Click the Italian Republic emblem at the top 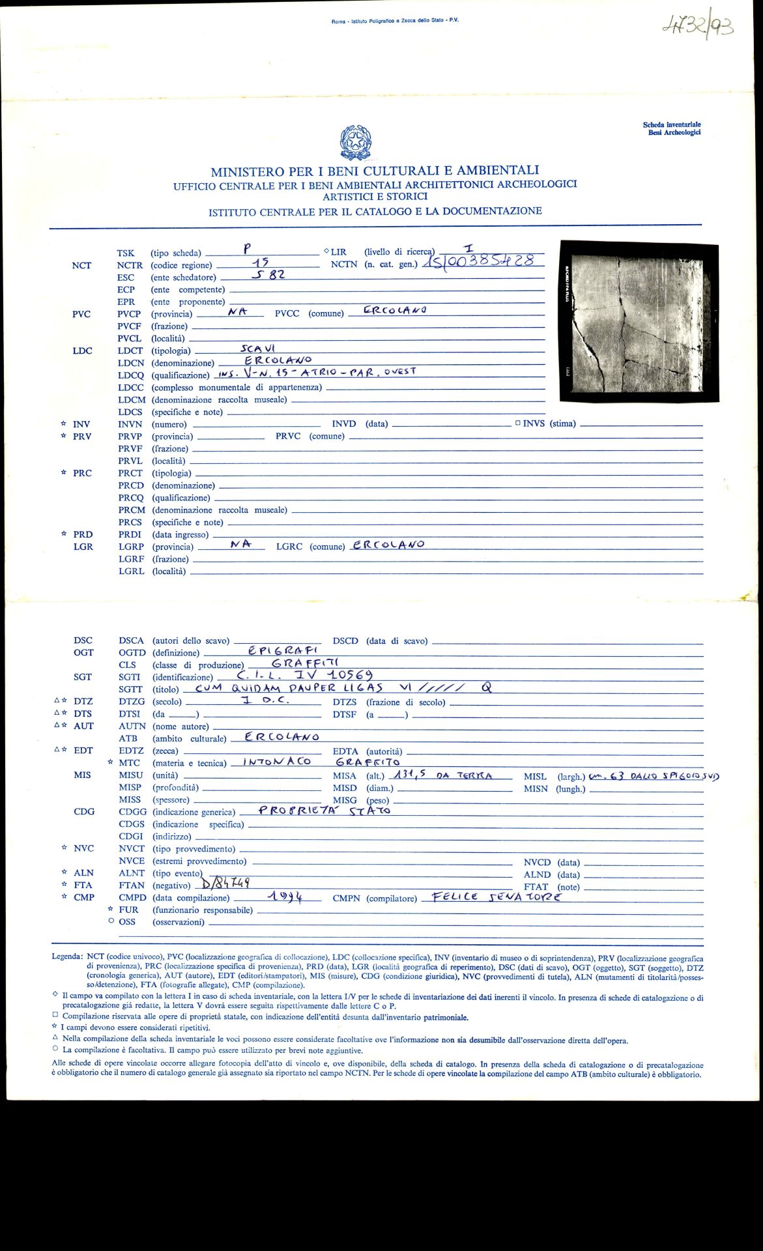[355, 142]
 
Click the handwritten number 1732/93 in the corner [697, 27]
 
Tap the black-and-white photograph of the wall [639, 322]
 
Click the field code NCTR [130, 265]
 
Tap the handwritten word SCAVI [258, 349]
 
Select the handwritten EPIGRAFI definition [283, 650]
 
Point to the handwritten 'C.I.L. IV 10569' [305, 675]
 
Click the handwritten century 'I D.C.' [265, 700]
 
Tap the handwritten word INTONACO [277, 761]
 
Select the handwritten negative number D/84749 [225, 883]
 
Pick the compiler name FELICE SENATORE [492, 897]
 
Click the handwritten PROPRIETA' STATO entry [324, 811]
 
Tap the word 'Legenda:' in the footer [67, 958]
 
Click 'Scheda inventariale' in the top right [672, 124]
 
